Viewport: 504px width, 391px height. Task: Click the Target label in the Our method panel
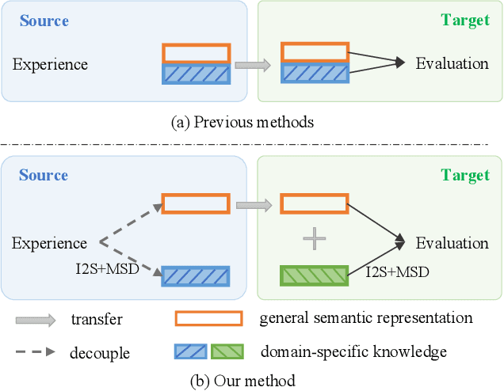click(x=466, y=175)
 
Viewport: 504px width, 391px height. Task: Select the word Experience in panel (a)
click(x=50, y=64)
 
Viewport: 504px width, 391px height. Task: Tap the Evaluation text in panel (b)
click(x=452, y=243)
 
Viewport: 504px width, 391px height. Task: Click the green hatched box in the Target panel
click(x=314, y=276)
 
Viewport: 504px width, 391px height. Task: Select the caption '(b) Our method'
click(x=242, y=380)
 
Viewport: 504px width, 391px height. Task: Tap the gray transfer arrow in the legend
click(x=36, y=320)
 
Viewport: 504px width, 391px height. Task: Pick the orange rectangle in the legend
click(x=208, y=319)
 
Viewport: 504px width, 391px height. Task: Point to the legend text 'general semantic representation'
click(x=366, y=319)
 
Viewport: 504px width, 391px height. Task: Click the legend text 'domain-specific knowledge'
click(x=353, y=351)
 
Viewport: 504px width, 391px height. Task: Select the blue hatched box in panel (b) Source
click(x=196, y=275)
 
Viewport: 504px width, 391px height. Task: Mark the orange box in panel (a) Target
click(x=315, y=52)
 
